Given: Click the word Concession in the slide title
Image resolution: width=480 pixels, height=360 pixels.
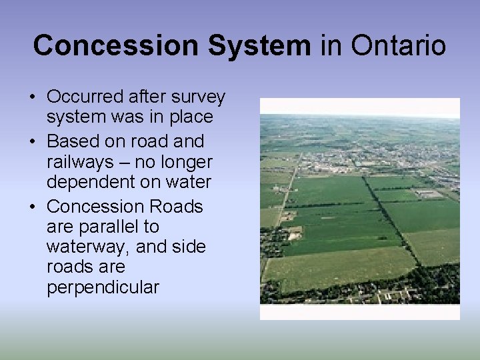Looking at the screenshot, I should (x=116, y=46).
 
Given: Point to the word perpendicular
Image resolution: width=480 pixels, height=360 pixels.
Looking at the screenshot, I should (x=103, y=287).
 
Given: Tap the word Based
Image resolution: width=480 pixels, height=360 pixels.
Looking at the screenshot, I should (x=74, y=141).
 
